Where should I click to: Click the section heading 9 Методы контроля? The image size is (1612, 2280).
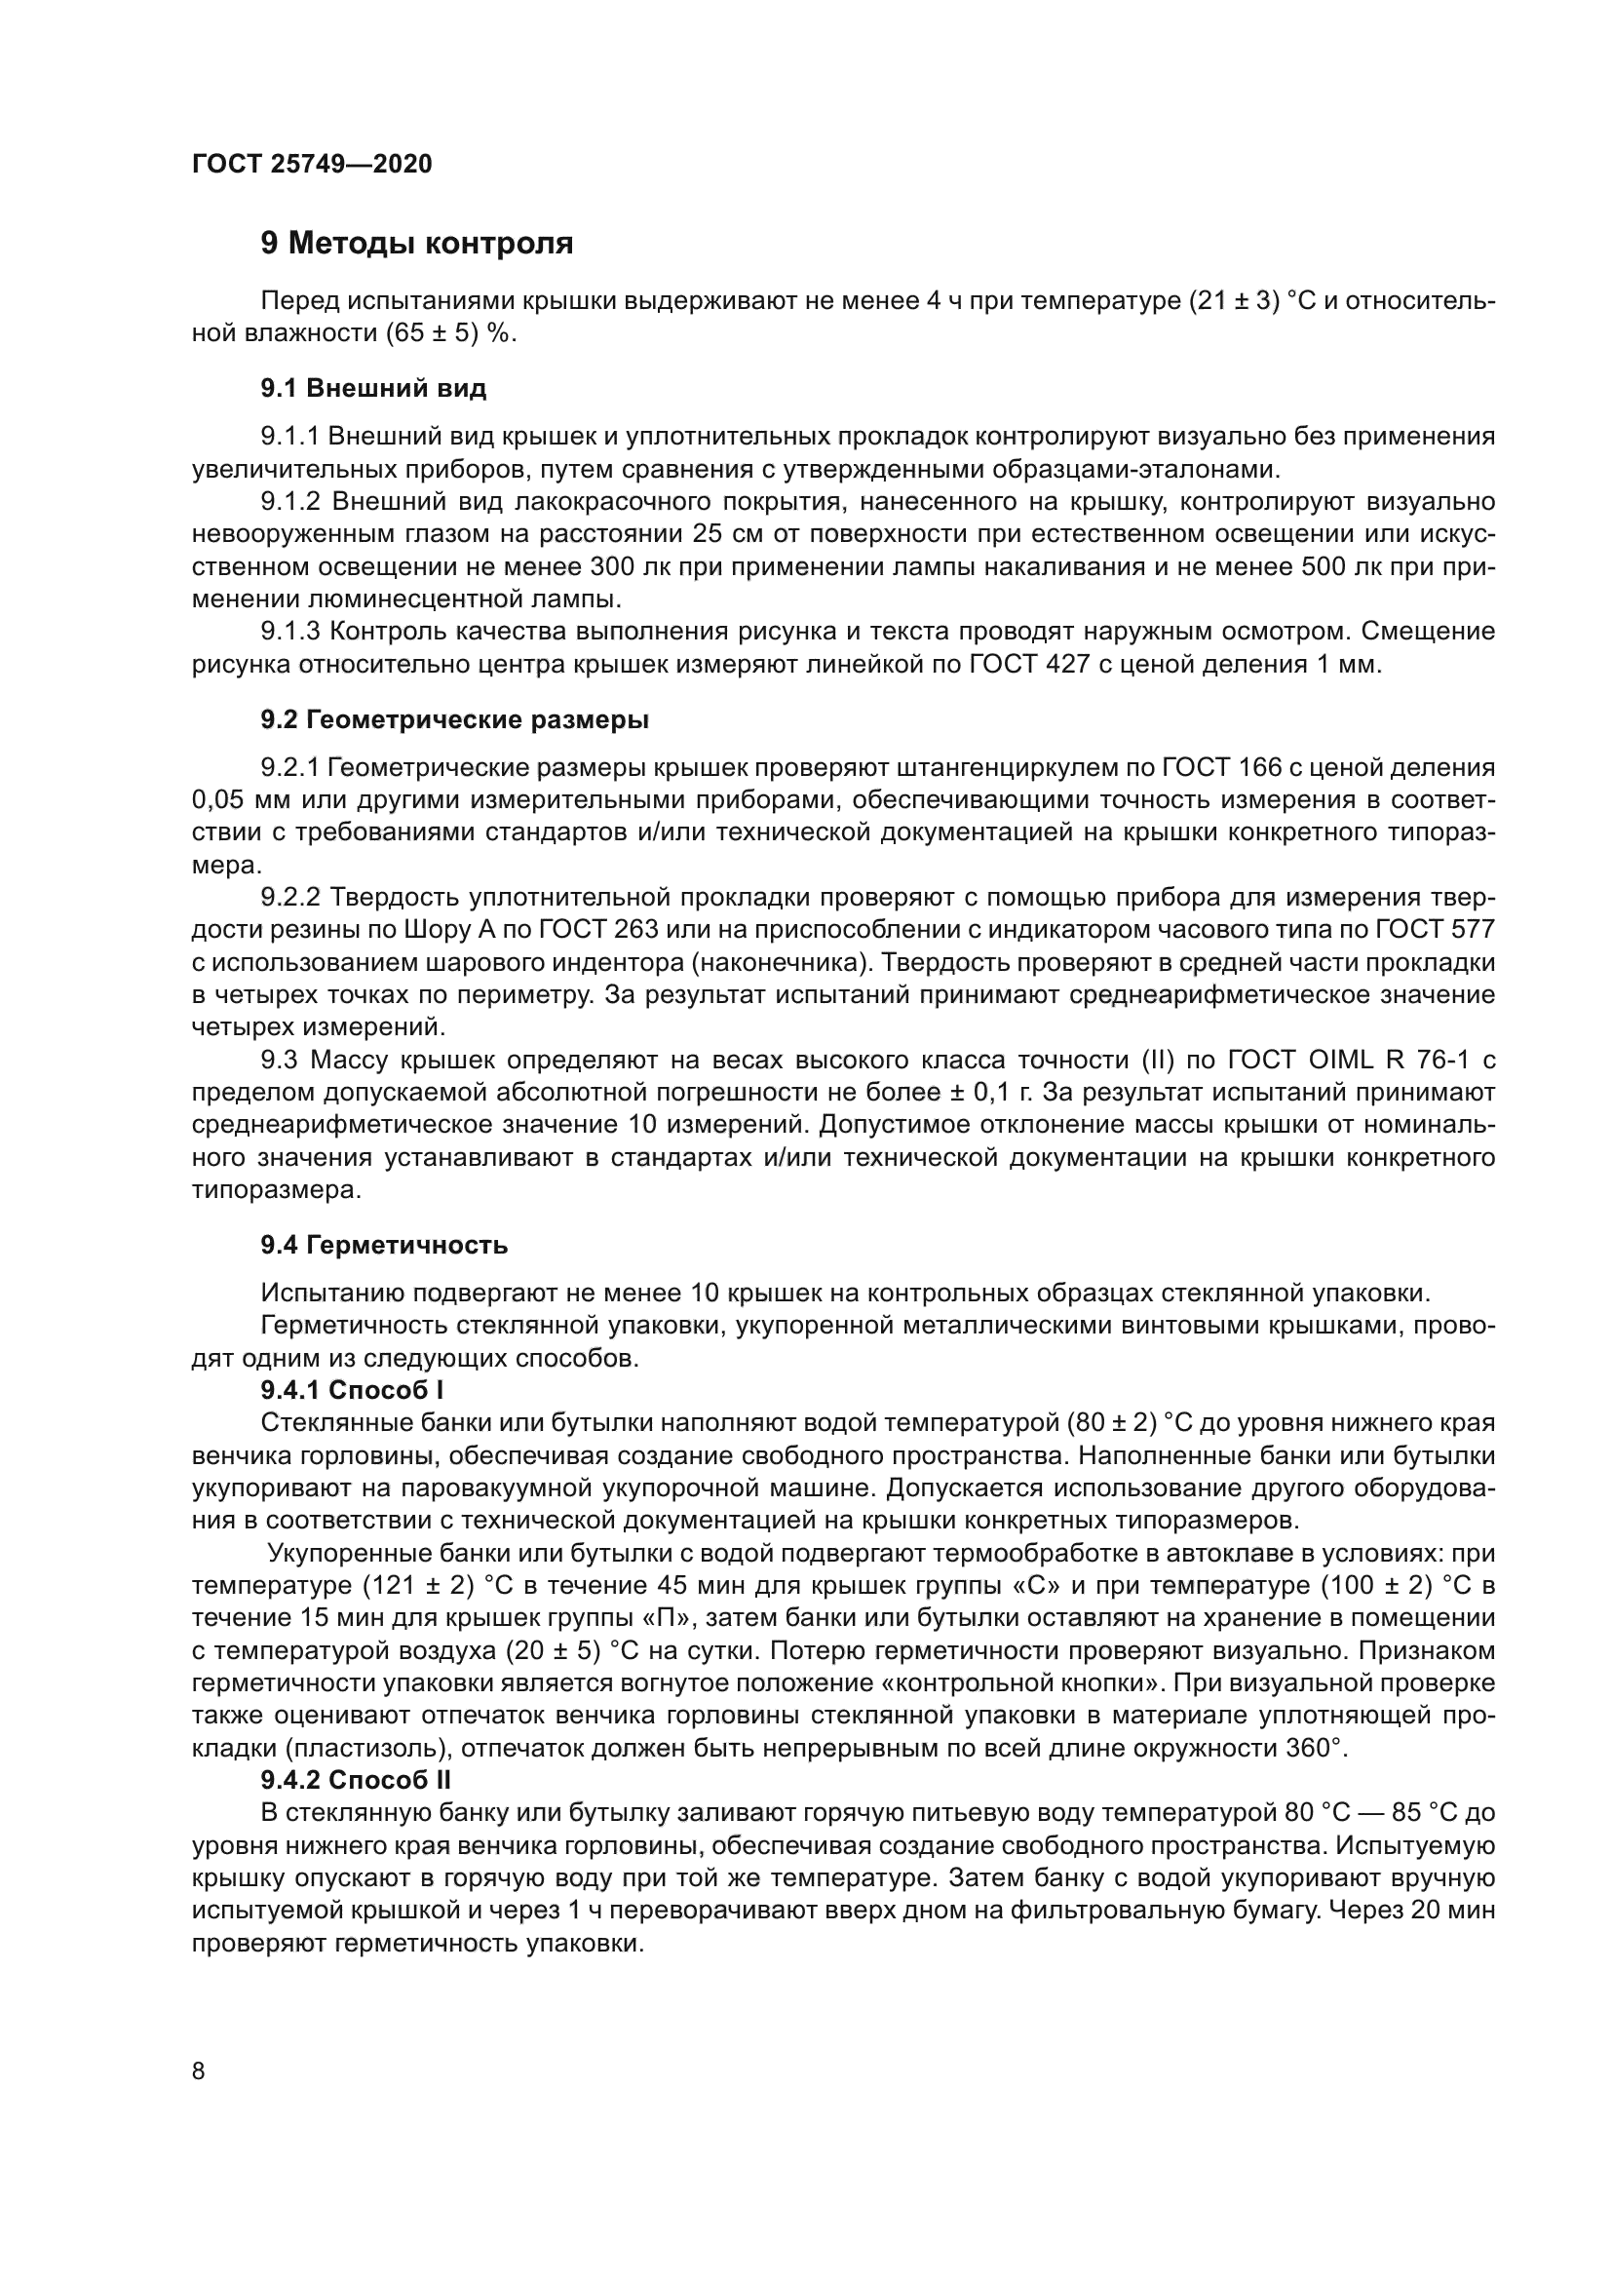click(x=417, y=244)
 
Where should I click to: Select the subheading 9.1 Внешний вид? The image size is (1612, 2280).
click(x=373, y=388)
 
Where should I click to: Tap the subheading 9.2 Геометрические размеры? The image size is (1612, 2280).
click(x=454, y=720)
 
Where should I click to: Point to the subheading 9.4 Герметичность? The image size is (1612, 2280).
click(x=384, y=1244)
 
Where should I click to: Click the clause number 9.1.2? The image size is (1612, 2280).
click(x=289, y=501)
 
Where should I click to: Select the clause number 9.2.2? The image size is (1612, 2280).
click(x=289, y=898)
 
